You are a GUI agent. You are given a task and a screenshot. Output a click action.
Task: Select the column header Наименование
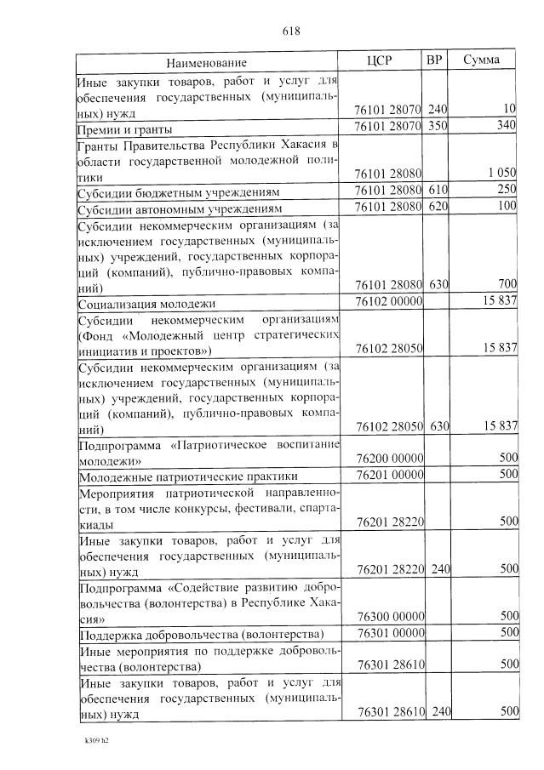click(207, 63)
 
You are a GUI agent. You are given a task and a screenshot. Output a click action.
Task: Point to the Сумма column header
click(482, 61)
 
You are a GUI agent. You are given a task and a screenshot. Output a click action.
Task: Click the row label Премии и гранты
click(125, 130)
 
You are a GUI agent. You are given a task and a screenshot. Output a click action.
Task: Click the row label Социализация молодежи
click(147, 303)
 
